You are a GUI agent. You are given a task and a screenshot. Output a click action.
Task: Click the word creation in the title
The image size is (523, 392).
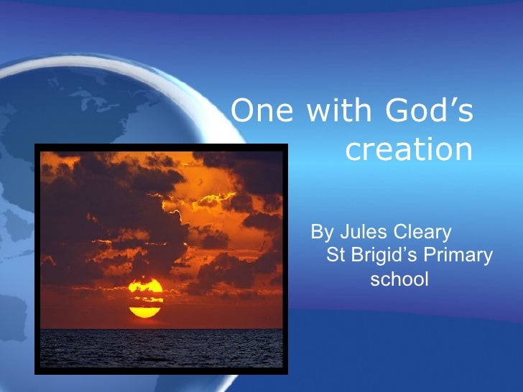pos(409,150)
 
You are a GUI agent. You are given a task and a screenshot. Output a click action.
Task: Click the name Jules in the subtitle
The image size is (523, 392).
pos(358,233)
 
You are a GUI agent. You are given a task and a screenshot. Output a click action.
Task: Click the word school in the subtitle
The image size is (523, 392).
pos(399,279)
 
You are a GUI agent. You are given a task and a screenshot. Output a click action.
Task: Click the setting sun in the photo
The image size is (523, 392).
pos(146,297)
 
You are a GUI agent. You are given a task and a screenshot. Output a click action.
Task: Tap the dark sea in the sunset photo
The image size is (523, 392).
pos(162,348)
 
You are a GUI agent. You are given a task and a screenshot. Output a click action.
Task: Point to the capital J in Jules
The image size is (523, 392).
pos(342,233)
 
